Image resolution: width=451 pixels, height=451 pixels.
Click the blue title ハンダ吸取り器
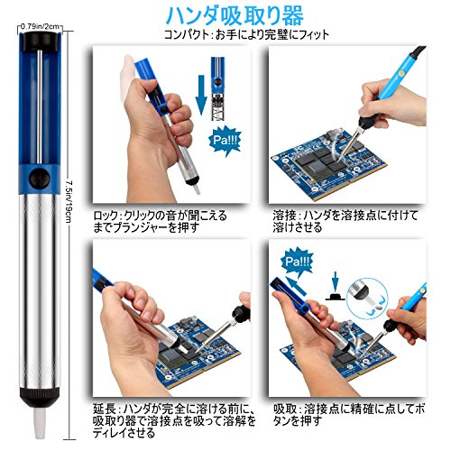pos(235,15)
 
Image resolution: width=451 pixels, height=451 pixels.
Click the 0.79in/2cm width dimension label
pos(40,26)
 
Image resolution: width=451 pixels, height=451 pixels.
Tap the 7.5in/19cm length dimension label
pos(69,201)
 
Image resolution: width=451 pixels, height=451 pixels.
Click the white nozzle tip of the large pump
pos(40,423)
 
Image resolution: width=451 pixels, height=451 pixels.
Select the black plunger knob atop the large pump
pos(40,41)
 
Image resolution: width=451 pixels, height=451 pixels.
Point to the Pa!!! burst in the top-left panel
pos(225,141)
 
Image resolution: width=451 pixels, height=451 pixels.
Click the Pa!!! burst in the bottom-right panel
pos(297,262)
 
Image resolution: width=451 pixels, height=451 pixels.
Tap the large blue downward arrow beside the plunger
pos(201,96)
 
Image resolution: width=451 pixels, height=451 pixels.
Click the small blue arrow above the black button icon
pos(336,281)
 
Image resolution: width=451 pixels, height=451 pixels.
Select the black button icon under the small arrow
pos(336,297)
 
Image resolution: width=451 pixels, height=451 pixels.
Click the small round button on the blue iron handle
pos(400,74)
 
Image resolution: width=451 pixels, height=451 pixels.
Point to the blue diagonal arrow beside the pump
pos(296,286)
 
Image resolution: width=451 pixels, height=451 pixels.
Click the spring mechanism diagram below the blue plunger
pos(218,106)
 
